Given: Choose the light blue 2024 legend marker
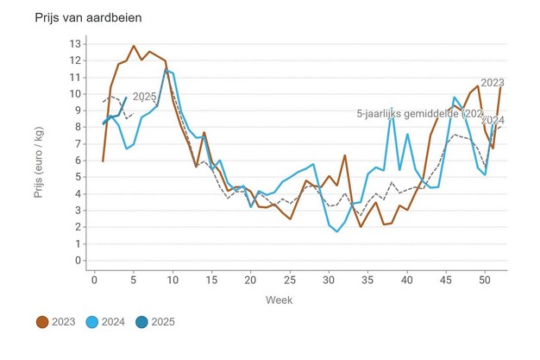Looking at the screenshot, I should click(x=95, y=322).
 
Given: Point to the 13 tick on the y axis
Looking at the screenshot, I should click(x=75, y=43).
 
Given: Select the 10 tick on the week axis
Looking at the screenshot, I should click(x=173, y=278).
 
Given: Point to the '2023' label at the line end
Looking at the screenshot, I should click(x=493, y=83).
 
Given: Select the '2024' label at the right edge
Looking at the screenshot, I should click(x=493, y=120).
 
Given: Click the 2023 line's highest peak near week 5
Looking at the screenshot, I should click(x=134, y=46).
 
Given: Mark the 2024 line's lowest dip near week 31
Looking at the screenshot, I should click(x=337, y=231).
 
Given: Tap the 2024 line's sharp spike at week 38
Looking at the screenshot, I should click(x=392, y=109).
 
